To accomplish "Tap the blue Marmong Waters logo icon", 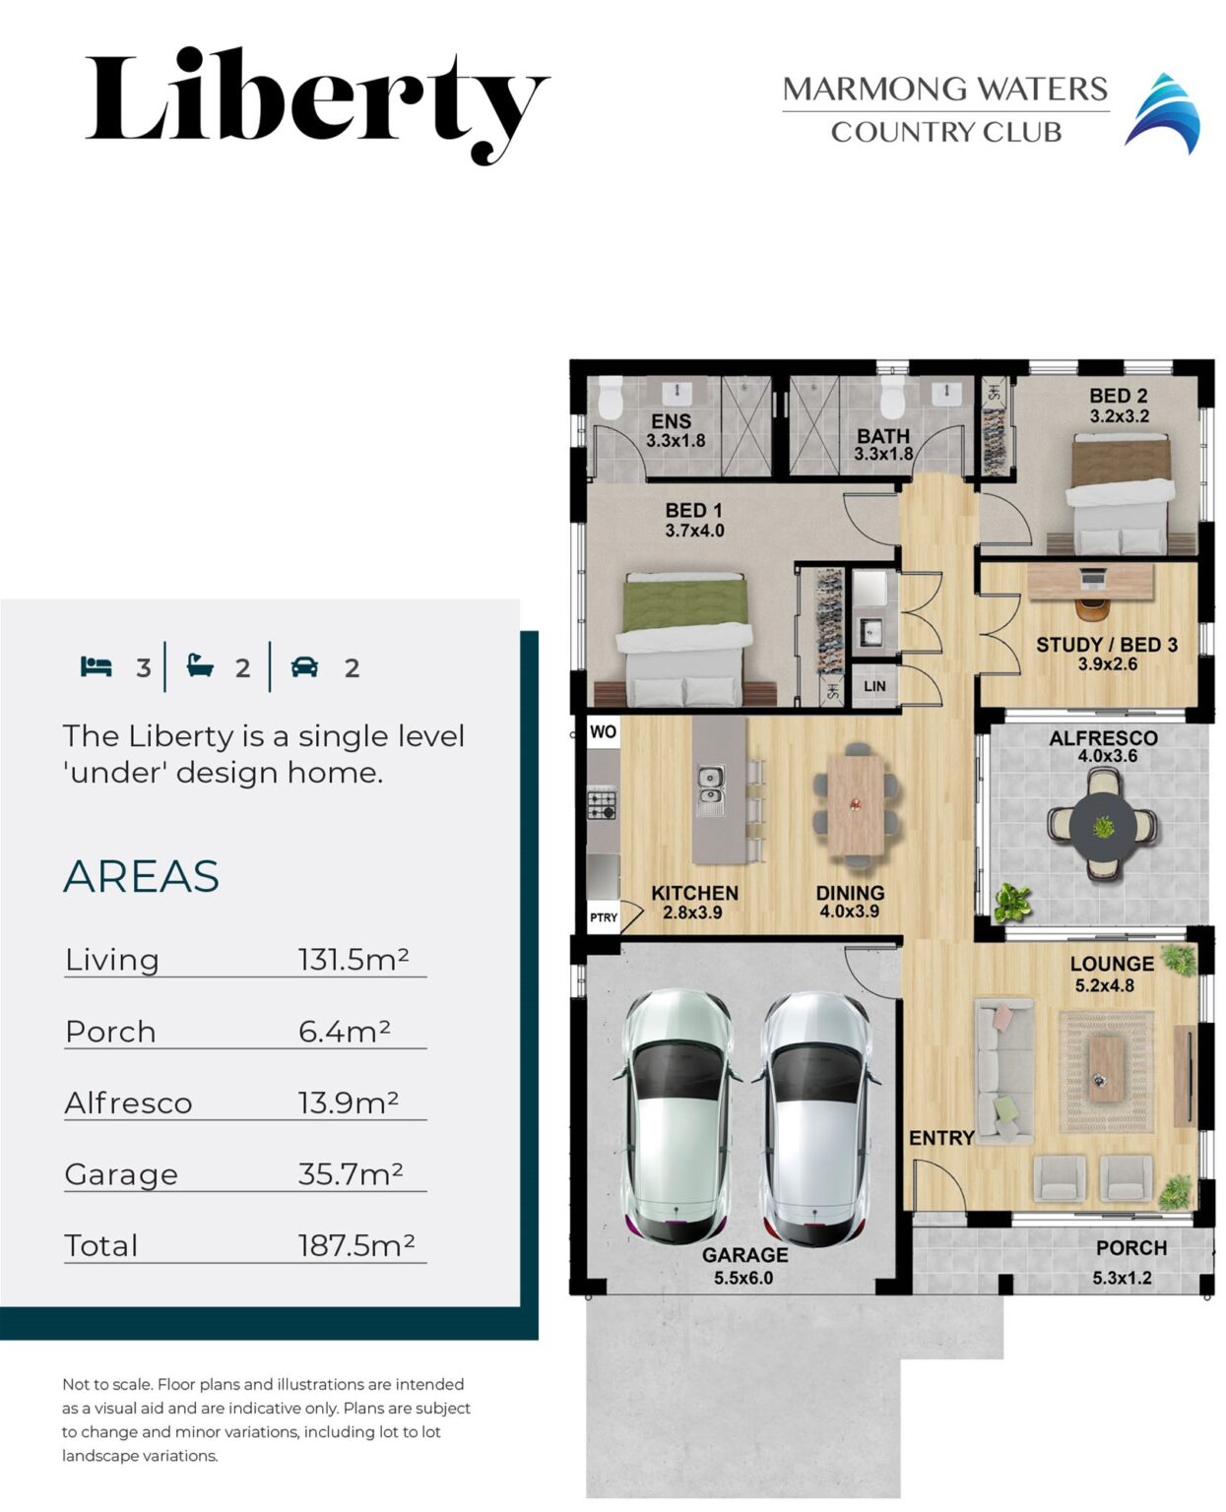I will pos(1163,113).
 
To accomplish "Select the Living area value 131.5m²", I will pos(353,960).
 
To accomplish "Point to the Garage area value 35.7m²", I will pos(350,1174).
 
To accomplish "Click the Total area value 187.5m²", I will pos(355,1246).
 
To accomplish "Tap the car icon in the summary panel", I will pos(304,667).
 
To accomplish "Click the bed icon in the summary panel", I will pos(96,667).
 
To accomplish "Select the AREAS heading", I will pos(141,876).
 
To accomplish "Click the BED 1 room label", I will pos(693,520).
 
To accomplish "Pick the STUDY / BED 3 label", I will pos(1106,654).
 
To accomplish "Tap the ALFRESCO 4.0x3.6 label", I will pos(1103,746).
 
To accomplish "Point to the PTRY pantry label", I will pos(604,917).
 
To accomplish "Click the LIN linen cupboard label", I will pos(874,686).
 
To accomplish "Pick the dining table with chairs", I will pos(855,805).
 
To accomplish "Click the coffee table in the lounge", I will pos(1106,1067).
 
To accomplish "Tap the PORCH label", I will pos(1130,1248).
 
